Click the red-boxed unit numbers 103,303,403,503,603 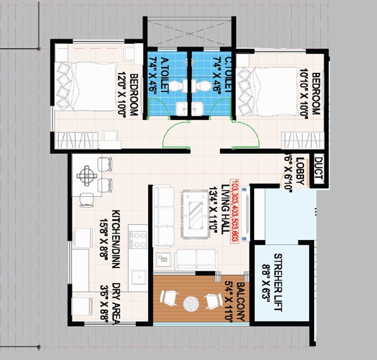click(234, 210)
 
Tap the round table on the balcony click(191, 303)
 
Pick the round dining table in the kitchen click(87, 176)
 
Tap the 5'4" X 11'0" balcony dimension click(229, 302)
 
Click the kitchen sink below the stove click(138, 277)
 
